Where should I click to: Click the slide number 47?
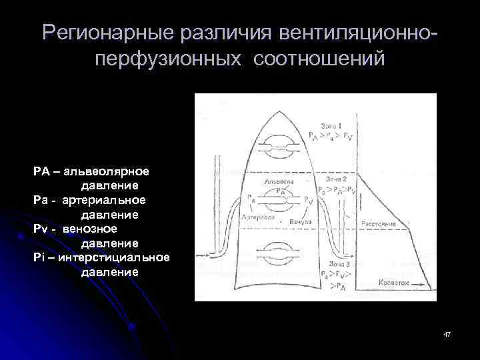447,333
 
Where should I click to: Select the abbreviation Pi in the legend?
39,257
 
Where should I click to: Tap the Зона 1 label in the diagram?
331,126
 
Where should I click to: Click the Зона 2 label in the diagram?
335,179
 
